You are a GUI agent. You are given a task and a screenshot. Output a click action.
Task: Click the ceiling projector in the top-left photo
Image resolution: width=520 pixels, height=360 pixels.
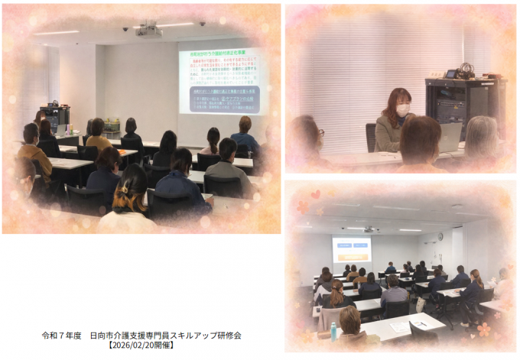point(148,31)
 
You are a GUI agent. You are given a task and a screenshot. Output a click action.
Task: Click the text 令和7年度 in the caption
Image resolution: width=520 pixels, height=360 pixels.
point(59,336)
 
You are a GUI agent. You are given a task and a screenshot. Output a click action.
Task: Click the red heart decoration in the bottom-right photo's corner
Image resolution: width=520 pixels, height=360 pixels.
point(316,194)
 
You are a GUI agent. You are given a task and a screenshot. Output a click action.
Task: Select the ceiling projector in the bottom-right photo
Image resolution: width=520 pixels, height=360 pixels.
point(369,229)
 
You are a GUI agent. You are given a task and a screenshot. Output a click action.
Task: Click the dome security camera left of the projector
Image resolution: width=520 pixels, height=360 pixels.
point(125,28)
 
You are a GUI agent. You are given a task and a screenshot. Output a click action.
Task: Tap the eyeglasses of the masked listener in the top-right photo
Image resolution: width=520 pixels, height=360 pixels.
point(320,132)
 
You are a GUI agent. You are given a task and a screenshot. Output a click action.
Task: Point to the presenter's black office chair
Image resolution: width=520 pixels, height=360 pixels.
point(371,137)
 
